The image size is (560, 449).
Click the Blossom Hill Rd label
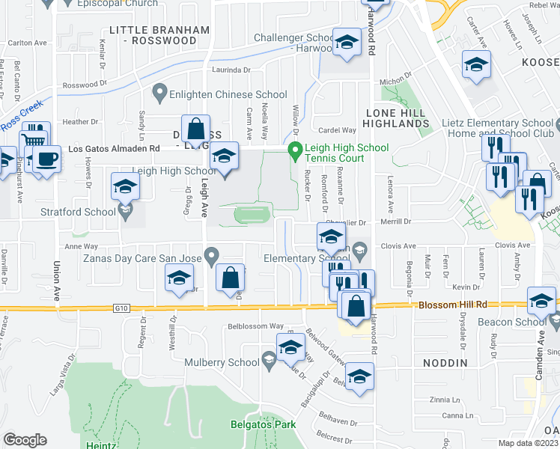(452, 305)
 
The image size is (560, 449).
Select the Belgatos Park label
(263, 424)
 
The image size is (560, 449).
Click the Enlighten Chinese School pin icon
(159, 94)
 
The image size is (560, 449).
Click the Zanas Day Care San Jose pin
(212, 257)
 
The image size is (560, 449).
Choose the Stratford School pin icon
(125, 213)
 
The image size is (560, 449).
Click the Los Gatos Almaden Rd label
(114, 149)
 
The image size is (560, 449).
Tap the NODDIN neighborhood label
(444, 363)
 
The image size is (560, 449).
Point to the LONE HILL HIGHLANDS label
(396, 117)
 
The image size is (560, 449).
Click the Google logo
(25, 440)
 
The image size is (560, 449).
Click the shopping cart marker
(34, 140)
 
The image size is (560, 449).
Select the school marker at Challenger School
(347, 44)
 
